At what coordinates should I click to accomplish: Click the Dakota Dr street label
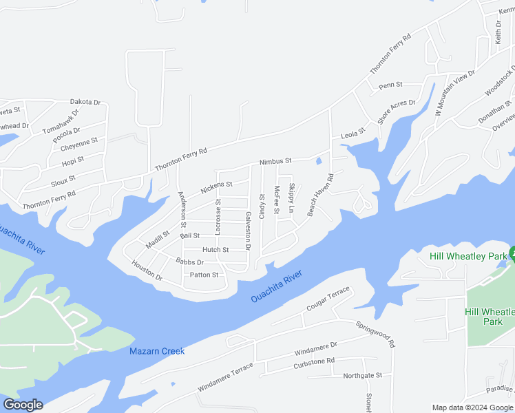[85, 102]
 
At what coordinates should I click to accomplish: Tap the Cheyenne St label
[79, 144]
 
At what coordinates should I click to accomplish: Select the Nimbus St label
[275, 161]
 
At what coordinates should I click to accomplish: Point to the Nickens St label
[216, 187]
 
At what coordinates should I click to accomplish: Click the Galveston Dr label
[248, 231]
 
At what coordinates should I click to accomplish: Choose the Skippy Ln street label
[291, 198]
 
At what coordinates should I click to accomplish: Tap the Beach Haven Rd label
[320, 195]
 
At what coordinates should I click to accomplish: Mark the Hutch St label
[216, 249]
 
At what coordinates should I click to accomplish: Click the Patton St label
[204, 275]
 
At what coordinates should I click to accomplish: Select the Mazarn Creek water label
[157, 352]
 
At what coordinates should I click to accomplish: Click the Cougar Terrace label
[328, 300]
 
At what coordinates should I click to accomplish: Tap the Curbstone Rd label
[315, 361]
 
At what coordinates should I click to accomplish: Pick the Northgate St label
[363, 375]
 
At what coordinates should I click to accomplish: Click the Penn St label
[390, 85]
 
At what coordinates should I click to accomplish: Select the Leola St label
[353, 136]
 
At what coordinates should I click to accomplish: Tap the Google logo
[23, 405]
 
